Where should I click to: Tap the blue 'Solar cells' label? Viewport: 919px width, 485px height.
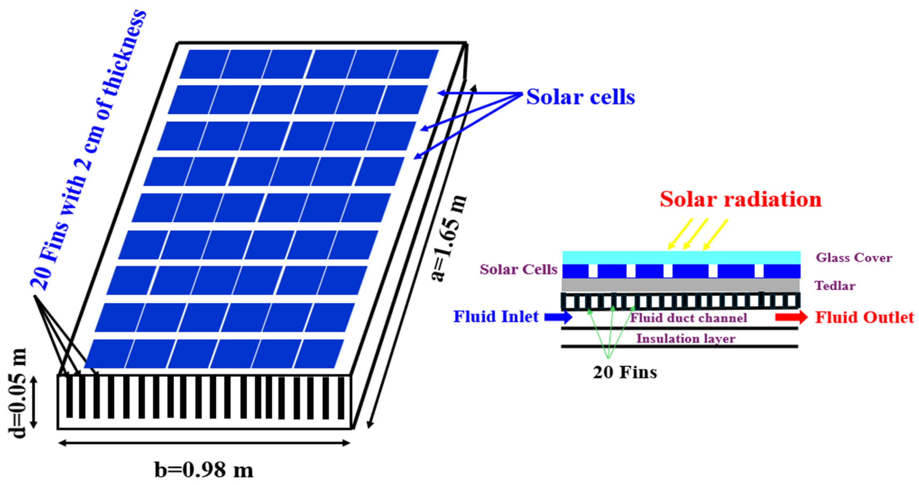pos(580,97)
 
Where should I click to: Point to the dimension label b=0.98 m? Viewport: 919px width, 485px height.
pos(204,470)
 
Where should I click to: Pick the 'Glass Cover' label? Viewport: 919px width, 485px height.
pos(854,257)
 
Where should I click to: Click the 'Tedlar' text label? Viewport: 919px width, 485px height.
pos(835,285)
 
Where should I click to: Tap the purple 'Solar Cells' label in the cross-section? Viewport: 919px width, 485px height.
pos(518,269)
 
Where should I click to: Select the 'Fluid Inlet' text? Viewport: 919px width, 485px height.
pos(496,316)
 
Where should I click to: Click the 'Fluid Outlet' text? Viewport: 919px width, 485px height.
pos(864,317)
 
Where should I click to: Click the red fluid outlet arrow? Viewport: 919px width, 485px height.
pos(791,317)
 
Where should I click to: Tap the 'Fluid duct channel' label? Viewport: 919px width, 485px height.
pos(689,317)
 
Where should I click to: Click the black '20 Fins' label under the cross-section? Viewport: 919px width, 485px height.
pos(625,373)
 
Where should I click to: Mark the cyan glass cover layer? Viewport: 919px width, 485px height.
pos(681,257)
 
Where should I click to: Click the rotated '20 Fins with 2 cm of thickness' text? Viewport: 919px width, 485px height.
pos(89,150)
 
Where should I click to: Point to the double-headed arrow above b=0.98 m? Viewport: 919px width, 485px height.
pos(204,443)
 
